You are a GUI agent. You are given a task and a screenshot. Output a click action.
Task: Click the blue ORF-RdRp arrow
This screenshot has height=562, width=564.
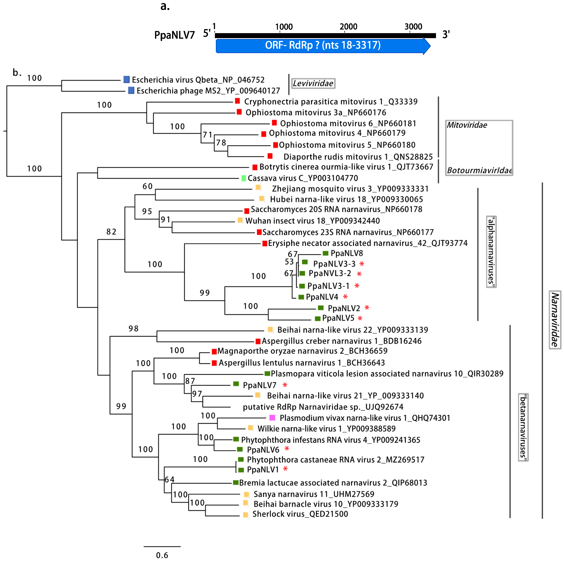[x=323, y=46]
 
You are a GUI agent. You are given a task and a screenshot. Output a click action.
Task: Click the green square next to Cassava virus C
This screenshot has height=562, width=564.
[x=244, y=178]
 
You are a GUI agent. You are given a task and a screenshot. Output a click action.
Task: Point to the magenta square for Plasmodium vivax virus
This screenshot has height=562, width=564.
[x=272, y=418]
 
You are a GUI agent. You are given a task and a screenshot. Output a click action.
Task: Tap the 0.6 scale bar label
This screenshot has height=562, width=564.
[x=162, y=555]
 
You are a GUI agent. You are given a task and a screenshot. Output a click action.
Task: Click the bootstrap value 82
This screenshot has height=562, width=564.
[x=111, y=232]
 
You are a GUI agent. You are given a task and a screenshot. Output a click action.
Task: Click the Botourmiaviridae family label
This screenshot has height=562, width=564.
[x=479, y=170]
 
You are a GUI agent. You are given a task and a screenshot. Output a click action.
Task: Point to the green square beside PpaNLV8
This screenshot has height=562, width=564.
[x=325, y=253]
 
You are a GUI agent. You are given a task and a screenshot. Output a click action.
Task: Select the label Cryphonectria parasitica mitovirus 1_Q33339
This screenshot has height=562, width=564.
[x=331, y=102]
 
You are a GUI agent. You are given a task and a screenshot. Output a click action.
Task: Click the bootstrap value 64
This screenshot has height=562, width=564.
[x=169, y=480]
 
